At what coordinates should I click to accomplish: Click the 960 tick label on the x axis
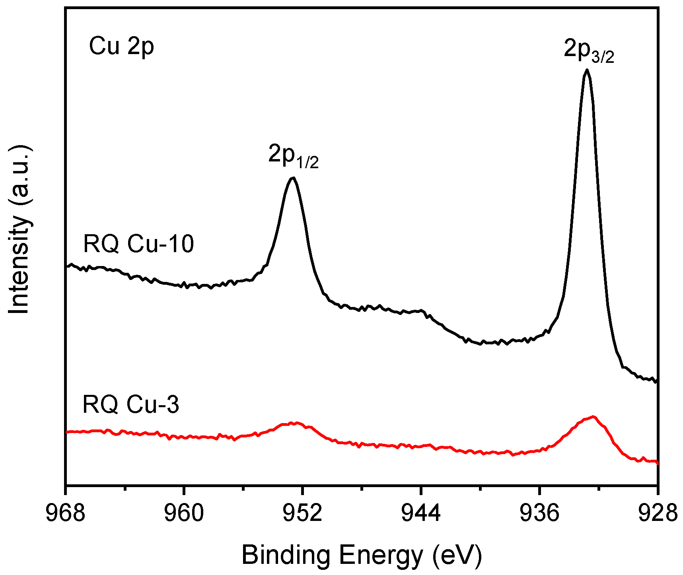tap(184, 513)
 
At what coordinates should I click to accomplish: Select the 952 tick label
tap(302, 513)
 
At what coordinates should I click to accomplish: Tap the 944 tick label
tap(421, 513)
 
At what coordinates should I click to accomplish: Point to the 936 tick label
tap(539, 513)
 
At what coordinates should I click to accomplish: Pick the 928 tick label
tap(657, 513)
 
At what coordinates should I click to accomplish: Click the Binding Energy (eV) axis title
tap(362, 555)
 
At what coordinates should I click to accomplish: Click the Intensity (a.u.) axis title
tap(19, 229)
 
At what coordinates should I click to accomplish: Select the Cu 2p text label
tap(121, 46)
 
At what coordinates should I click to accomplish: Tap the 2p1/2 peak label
tap(294, 156)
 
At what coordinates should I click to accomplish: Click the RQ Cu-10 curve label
tap(138, 243)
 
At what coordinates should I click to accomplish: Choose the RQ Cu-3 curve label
tap(130, 404)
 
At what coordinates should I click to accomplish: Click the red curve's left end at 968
tap(67, 431)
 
